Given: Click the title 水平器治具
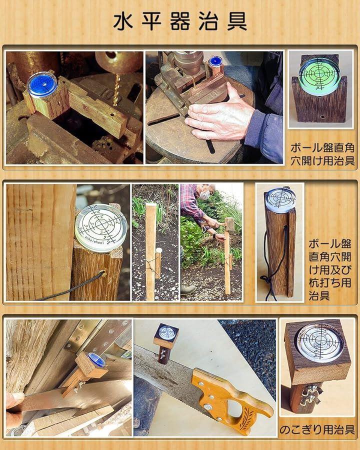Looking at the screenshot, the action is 180,21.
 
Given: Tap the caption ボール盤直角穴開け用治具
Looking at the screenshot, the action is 322,154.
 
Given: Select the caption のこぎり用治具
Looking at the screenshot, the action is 317,429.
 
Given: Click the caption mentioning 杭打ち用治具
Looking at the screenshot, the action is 330,269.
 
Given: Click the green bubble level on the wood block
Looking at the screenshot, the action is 319,74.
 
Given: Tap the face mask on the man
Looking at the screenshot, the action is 204,195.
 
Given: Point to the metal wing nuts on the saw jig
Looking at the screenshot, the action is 310,394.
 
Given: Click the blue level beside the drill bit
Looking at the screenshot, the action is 42,84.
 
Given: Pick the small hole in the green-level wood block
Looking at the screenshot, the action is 322,117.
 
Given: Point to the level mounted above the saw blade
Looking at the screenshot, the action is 166,334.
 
